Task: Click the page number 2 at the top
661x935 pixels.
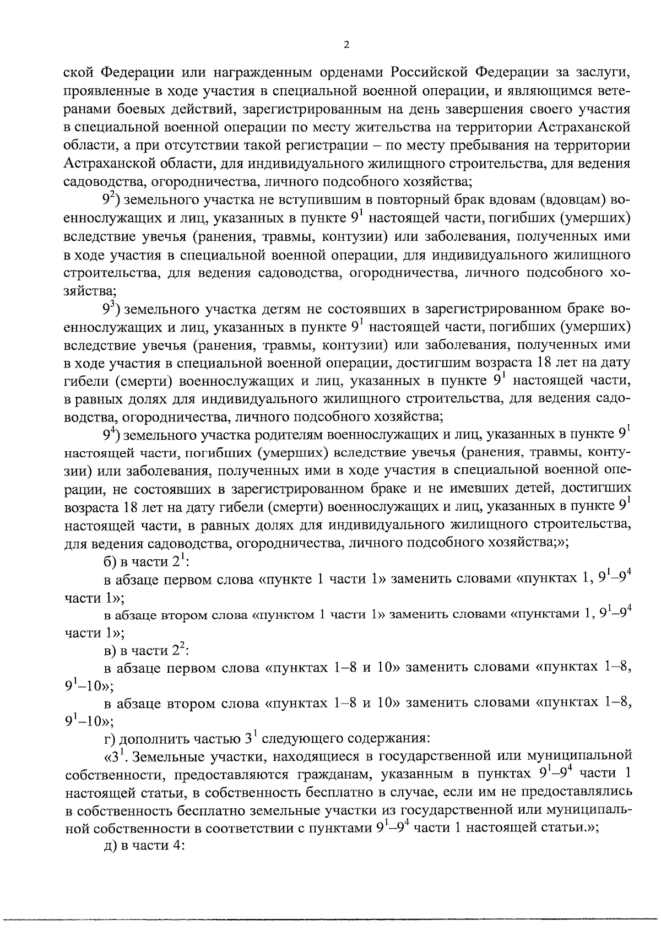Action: (346, 46)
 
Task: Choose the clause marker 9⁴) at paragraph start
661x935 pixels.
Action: (112, 435)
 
